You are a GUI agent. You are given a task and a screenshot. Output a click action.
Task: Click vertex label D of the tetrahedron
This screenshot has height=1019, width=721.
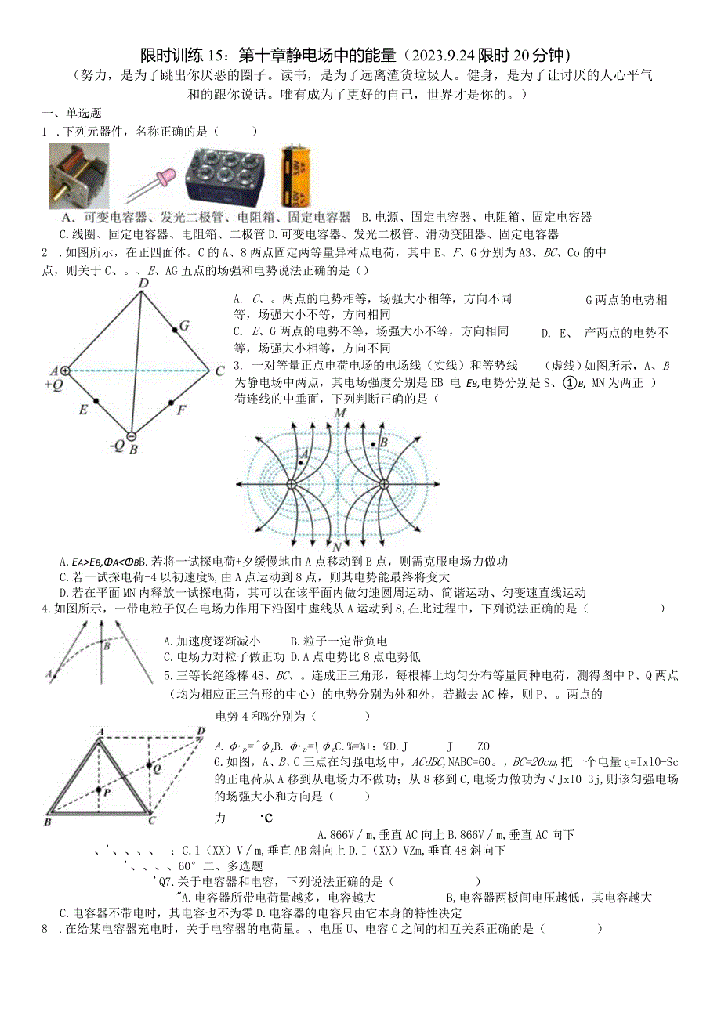click(143, 283)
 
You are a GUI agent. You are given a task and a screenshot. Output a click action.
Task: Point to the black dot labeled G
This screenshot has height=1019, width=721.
click(174, 332)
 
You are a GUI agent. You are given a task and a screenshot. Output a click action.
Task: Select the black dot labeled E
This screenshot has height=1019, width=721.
click(96, 402)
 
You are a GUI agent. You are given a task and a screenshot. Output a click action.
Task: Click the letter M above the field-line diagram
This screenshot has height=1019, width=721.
click(339, 412)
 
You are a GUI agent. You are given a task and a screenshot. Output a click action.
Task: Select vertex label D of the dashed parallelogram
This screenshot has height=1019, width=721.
click(201, 732)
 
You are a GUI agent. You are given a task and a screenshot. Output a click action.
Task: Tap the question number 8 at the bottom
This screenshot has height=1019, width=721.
click(44, 930)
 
